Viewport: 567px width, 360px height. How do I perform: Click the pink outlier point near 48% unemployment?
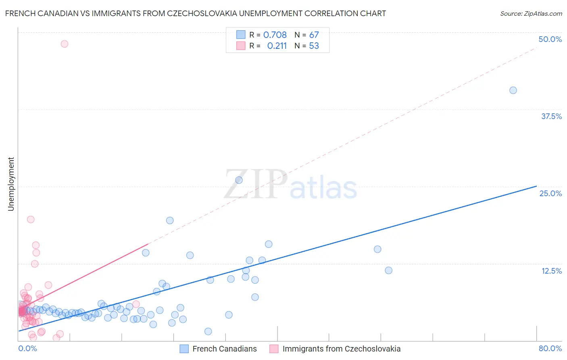tap(65, 44)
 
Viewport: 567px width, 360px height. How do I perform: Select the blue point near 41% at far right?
tap(513, 90)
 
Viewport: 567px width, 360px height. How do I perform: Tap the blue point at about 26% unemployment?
tap(239, 180)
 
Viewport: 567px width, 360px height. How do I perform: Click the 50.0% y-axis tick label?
tap(550, 39)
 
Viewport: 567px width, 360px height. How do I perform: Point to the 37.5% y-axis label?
tap(551, 116)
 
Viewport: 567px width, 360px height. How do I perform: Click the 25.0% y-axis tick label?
tap(550, 193)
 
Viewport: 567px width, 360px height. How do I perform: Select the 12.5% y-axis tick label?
tap(551, 271)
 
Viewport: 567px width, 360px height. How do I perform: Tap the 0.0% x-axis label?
tap(27, 348)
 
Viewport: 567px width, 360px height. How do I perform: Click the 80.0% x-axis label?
tap(550, 348)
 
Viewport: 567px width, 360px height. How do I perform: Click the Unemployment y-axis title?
tap(11, 184)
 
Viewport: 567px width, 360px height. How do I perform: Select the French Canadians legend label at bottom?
tap(224, 349)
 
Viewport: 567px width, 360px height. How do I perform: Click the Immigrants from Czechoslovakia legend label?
tap(341, 349)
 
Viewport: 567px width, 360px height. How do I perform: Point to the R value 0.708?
tap(275, 35)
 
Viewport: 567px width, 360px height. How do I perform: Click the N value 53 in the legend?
tap(314, 46)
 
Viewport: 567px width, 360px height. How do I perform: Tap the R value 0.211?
tap(277, 46)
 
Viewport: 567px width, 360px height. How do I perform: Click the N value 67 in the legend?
tap(314, 35)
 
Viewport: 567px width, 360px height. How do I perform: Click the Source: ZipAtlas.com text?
tap(531, 14)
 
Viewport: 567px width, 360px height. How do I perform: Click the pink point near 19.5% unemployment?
tap(31, 220)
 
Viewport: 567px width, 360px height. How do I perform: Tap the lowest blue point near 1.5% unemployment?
tap(208, 331)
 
